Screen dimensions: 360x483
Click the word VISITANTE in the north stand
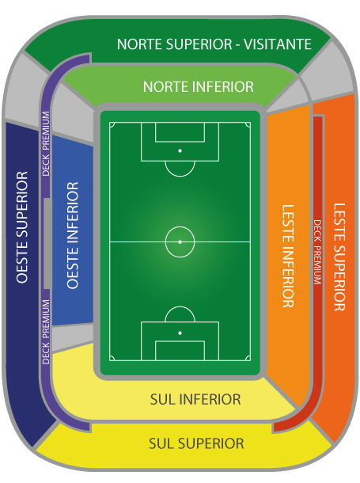click(x=278, y=44)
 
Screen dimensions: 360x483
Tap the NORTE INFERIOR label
click(x=199, y=87)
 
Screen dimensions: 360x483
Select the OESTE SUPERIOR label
click(x=22, y=227)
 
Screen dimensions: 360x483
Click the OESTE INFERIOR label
click(x=73, y=235)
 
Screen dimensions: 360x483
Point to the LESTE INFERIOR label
click(x=288, y=256)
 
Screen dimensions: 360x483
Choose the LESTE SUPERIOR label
click(x=339, y=257)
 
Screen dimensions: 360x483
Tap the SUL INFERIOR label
click(x=195, y=400)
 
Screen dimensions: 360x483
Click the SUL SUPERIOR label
click(x=196, y=443)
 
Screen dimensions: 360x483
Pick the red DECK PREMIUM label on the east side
click(x=317, y=252)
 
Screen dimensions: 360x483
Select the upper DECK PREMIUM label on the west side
click(x=46, y=143)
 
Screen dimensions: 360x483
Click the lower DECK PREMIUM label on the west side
click(x=46, y=332)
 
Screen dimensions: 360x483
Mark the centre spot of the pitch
click(x=180, y=242)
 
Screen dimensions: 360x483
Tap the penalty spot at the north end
click(x=180, y=150)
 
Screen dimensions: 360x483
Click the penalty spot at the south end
click(x=180, y=333)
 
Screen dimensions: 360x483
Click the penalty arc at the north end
click(x=180, y=177)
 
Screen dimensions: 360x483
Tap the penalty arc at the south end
click(x=180, y=306)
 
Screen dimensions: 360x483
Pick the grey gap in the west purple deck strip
click(x=47, y=243)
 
